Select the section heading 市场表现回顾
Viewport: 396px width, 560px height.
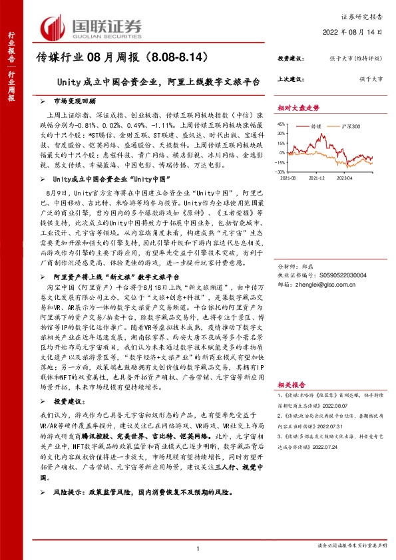[73, 101]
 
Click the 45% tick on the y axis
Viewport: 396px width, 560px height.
[283, 124]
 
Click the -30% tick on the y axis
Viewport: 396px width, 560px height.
[283, 172]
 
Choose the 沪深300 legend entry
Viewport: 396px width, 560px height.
[351, 125]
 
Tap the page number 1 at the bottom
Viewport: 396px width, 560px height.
[198, 547]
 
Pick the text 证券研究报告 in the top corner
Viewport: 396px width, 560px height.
[367, 17]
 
